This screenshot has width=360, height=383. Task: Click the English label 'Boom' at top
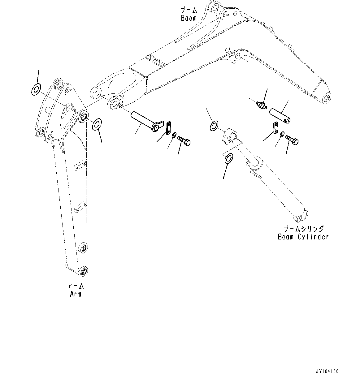tap(189, 18)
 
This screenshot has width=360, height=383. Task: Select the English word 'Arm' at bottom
tap(76, 294)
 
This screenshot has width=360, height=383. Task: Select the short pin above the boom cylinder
tap(281, 115)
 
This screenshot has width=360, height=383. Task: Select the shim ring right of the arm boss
tap(97, 124)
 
